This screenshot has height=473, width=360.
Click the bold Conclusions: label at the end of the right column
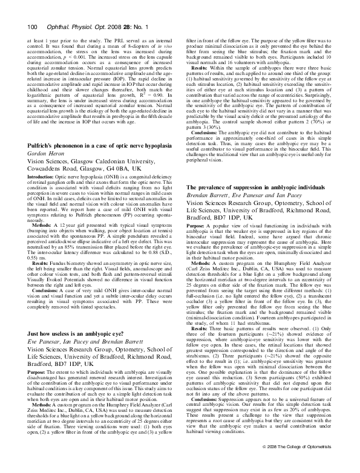click(x=209, y=416)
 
